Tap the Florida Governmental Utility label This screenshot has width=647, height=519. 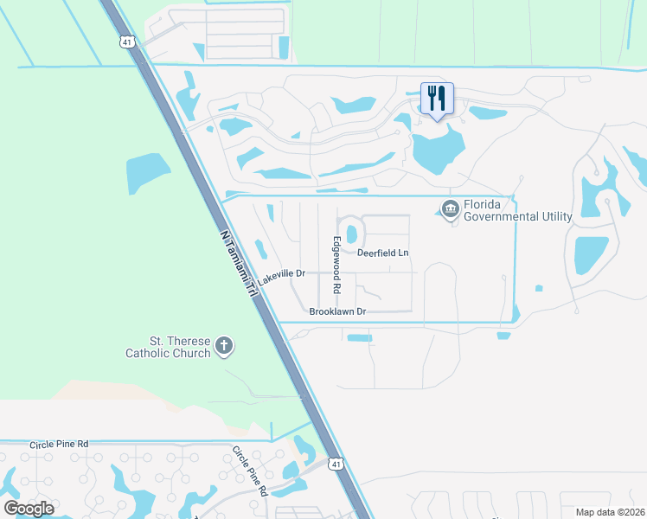(517, 210)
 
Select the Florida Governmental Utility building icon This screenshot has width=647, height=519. (450, 209)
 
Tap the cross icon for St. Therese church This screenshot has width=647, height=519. (224, 347)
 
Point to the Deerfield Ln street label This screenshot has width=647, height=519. (382, 253)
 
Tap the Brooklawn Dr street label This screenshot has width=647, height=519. (337, 311)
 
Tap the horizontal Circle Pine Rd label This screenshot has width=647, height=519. (59, 444)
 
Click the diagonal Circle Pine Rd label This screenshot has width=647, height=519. (250, 471)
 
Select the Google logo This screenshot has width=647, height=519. (29, 508)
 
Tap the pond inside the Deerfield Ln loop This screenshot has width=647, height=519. (351, 234)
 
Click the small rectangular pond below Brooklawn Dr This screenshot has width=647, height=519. (359, 337)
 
